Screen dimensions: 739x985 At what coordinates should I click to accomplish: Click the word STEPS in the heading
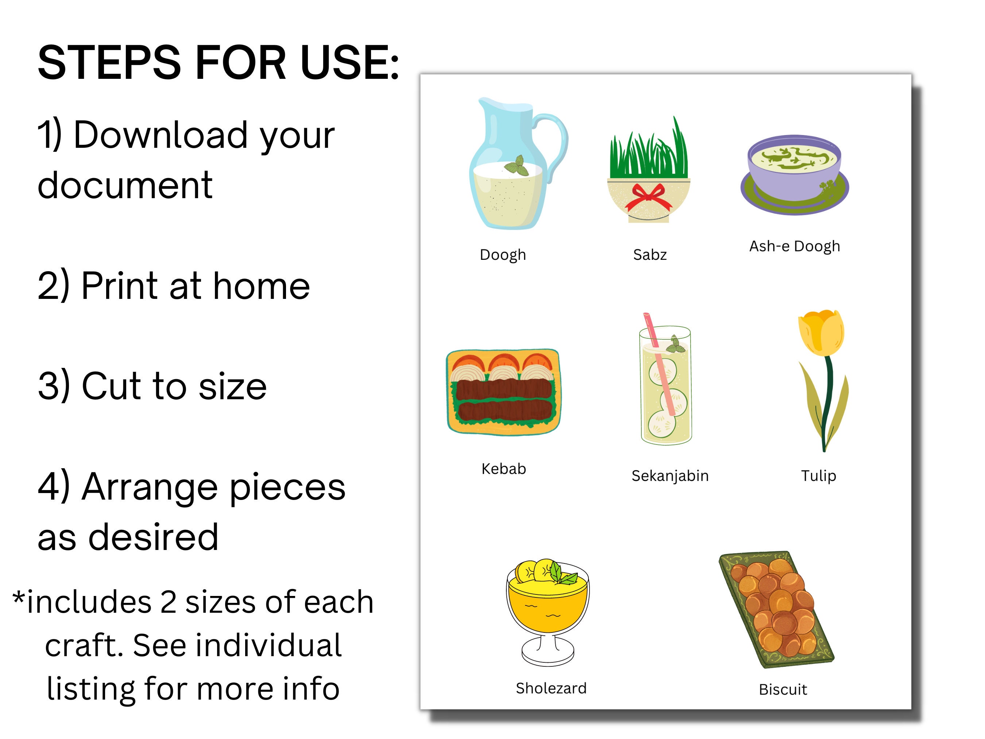pyautogui.click(x=109, y=63)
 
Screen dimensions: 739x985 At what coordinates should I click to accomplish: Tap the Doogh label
pyautogui.click(x=503, y=255)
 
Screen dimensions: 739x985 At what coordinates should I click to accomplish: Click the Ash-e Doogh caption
pyautogui.click(x=795, y=246)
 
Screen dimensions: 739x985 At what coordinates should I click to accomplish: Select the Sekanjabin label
pyautogui.click(x=670, y=476)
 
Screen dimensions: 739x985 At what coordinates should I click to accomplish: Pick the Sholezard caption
pyautogui.click(x=551, y=688)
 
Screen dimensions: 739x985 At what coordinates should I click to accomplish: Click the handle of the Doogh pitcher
pyautogui.click(x=559, y=143)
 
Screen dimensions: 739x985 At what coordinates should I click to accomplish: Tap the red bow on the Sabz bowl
pyautogui.click(x=648, y=198)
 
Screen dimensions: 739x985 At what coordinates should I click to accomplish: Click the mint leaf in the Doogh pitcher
pyautogui.click(x=517, y=166)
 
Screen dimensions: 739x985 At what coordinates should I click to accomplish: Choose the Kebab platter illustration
pyautogui.click(x=504, y=392)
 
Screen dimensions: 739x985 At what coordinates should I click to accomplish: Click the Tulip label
pyautogui.click(x=818, y=476)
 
